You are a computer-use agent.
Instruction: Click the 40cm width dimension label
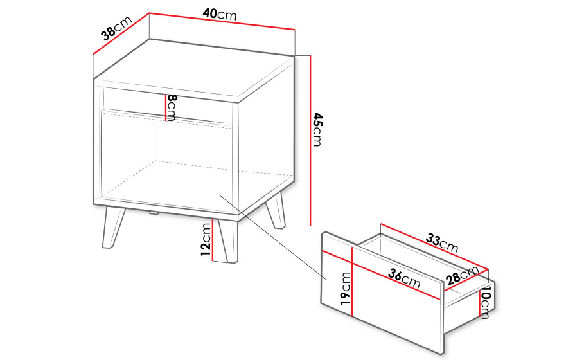[x=220, y=14]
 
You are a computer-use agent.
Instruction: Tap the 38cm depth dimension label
[x=116, y=28]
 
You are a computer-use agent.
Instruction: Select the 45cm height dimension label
[x=317, y=129]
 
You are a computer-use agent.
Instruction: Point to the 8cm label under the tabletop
[x=172, y=108]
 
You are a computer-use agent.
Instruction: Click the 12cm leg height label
[x=206, y=239]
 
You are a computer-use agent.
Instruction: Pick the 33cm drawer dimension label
[x=442, y=243]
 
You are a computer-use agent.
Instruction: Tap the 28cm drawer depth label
[x=462, y=275]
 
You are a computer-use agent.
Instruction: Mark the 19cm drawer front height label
[x=345, y=289]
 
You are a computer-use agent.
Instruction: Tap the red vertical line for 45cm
[x=310, y=141]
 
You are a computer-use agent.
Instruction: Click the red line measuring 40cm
[x=222, y=21]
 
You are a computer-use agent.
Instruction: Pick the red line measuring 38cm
[x=121, y=34]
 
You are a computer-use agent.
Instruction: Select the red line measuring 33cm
[x=434, y=246]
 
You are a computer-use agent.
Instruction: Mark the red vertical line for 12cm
[x=212, y=240]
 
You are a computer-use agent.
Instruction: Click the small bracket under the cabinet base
[x=154, y=213]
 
